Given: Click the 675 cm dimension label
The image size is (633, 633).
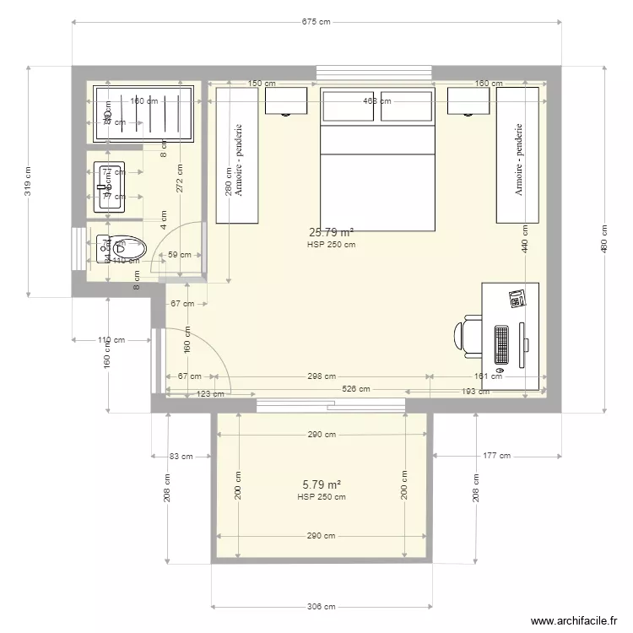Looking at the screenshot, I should click(316, 23).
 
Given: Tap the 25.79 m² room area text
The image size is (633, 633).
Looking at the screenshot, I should click(332, 232).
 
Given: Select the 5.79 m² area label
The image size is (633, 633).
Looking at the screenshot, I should click(321, 485).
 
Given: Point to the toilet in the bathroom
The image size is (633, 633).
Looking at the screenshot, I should click(122, 247).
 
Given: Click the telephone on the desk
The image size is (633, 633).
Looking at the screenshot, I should click(517, 298).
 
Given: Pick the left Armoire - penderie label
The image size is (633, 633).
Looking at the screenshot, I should click(239, 161).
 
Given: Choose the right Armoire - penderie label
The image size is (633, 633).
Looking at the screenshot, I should click(518, 161).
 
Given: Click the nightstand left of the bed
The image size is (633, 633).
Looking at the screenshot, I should click(287, 100).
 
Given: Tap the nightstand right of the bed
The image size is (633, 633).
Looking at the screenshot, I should click(468, 100).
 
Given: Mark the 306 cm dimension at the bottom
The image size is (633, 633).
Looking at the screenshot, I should click(321, 606).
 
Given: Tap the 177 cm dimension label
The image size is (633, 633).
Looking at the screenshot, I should click(497, 456).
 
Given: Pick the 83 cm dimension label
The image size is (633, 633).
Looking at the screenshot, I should click(181, 456).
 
